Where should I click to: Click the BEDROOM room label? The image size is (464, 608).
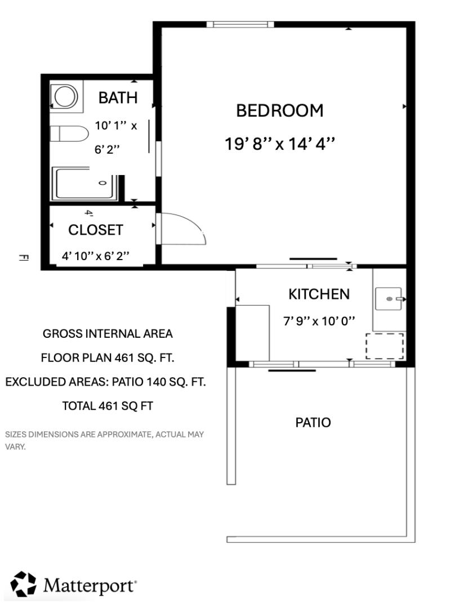pos(280,110)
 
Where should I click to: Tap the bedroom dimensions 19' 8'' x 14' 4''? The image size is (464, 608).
pos(280,144)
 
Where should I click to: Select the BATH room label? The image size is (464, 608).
pos(118,97)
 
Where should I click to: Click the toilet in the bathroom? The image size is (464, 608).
pos(70,134)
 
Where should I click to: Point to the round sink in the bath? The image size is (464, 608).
pos(65,96)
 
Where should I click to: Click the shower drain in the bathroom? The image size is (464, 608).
pos(102,183)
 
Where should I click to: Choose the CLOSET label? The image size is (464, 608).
pos(95,230)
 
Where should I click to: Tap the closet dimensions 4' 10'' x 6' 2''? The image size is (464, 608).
pos(95,256)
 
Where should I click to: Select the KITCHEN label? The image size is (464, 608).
pos(319,294)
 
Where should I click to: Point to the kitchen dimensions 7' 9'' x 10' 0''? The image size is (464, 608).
pos(319,321)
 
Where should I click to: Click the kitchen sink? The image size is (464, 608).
pos(390,298)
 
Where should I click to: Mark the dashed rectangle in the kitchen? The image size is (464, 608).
pos(385,346)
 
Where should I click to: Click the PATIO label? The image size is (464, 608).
pos(313,422)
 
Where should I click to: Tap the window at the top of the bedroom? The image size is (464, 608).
pos(240,24)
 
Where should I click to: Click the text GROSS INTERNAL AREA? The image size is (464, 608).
pos(108,334)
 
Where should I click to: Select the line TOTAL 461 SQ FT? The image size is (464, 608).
pos(108,405)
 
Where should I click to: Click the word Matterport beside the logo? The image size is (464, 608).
pos(90,585)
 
